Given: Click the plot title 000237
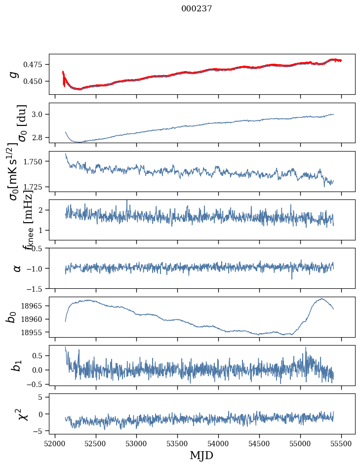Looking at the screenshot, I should [197, 8].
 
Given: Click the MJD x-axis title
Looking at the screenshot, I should [201, 455].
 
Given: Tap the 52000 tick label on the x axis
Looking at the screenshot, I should [55, 442].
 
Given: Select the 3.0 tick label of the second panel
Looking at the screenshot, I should [39, 115].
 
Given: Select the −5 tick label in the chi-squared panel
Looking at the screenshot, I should [40, 431].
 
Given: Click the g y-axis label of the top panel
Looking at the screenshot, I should [14, 74].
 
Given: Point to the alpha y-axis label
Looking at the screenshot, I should [17, 268].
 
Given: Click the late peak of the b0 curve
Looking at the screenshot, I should [321, 299].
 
